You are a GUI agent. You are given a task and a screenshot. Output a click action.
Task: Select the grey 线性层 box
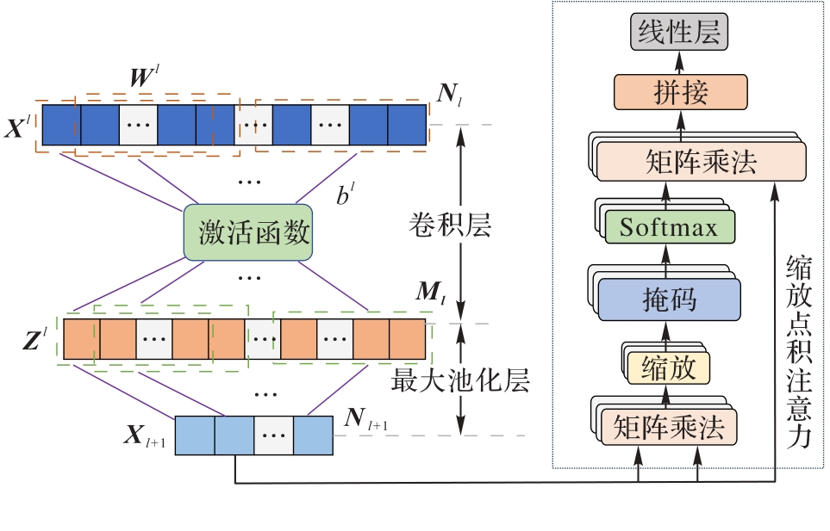679,35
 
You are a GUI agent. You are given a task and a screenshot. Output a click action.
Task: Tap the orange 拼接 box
679,91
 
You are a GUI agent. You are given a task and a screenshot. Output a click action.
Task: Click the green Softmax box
668,227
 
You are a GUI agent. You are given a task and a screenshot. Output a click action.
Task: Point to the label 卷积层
449,225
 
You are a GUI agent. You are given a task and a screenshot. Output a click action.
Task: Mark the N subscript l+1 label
361,420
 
